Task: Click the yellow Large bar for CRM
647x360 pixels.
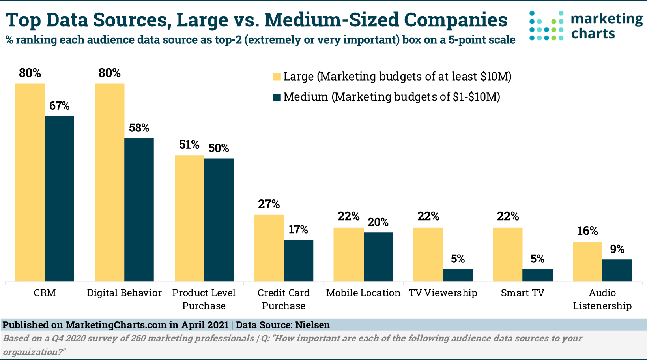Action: [x=30, y=182]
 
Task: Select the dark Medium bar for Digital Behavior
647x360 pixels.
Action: [x=139, y=210]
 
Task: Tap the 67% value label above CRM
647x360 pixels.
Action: [x=60, y=106]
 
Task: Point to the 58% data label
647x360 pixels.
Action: [x=139, y=128]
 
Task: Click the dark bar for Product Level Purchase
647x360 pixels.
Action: [x=219, y=220]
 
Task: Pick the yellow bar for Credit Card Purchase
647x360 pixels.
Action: [x=269, y=248]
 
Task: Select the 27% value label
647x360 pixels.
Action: [x=269, y=204]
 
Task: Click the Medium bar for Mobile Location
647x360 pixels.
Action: [x=378, y=257]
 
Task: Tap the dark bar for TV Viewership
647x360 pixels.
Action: [x=458, y=275]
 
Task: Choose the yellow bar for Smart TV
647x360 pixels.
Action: [x=508, y=255]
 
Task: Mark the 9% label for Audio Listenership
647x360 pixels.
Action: [x=617, y=249]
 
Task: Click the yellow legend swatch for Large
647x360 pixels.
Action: [x=277, y=77]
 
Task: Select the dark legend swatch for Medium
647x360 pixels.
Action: [x=277, y=97]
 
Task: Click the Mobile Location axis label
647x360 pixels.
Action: [x=363, y=293]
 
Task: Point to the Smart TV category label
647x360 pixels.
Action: [x=522, y=293]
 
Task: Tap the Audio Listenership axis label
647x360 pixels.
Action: [x=602, y=299]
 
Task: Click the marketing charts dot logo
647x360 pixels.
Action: [x=547, y=26]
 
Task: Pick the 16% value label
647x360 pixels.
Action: [x=587, y=231]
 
